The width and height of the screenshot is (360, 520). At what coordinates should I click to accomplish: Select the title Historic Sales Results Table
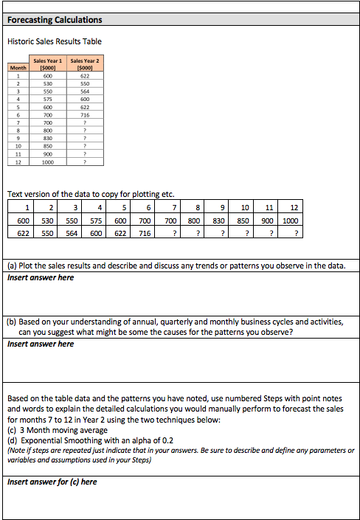click(x=55, y=41)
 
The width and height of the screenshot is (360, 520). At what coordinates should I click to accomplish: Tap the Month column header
click(x=18, y=67)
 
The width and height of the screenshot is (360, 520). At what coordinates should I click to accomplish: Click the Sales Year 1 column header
click(x=48, y=64)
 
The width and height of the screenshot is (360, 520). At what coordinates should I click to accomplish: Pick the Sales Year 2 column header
click(x=84, y=64)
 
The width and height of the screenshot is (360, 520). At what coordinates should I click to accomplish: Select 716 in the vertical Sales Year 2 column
click(x=84, y=115)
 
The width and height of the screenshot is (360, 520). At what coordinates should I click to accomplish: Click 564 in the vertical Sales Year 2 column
click(x=84, y=92)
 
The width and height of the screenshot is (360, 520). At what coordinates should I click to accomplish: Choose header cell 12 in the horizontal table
click(x=294, y=208)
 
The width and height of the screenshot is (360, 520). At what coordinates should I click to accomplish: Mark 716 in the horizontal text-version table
click(x=145, y=233)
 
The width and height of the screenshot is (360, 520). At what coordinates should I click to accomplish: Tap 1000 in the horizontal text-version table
click(x=290, y=221)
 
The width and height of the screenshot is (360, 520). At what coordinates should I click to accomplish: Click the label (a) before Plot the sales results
click(x=13, y=265)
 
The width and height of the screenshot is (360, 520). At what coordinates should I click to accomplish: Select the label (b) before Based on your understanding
click(x=13, y=322)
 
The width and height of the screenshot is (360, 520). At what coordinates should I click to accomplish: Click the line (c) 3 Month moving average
click(x=58, y=430)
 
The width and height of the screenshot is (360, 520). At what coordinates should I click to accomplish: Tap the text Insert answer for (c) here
click(x=52, y=482)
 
